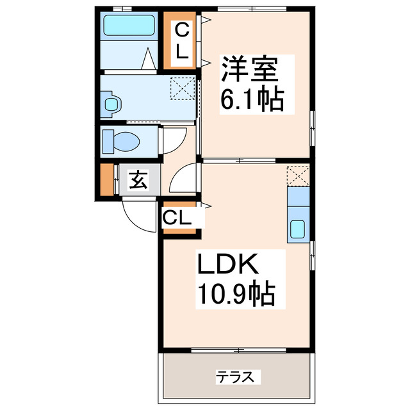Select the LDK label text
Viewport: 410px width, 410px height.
(x=227, y=264)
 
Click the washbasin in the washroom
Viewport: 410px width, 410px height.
(x=111, y=104)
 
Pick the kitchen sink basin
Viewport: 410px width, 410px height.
(x=299, y=229)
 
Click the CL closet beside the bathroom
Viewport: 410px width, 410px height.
(x=183, y=42)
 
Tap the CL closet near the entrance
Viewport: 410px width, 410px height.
(x=177, y=218)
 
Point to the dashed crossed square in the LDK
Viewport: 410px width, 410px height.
(x=298, y=176)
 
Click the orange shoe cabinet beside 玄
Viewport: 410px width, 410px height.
(x=106, y=181)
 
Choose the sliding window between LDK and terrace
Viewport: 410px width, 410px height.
(x=238, y=349)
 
